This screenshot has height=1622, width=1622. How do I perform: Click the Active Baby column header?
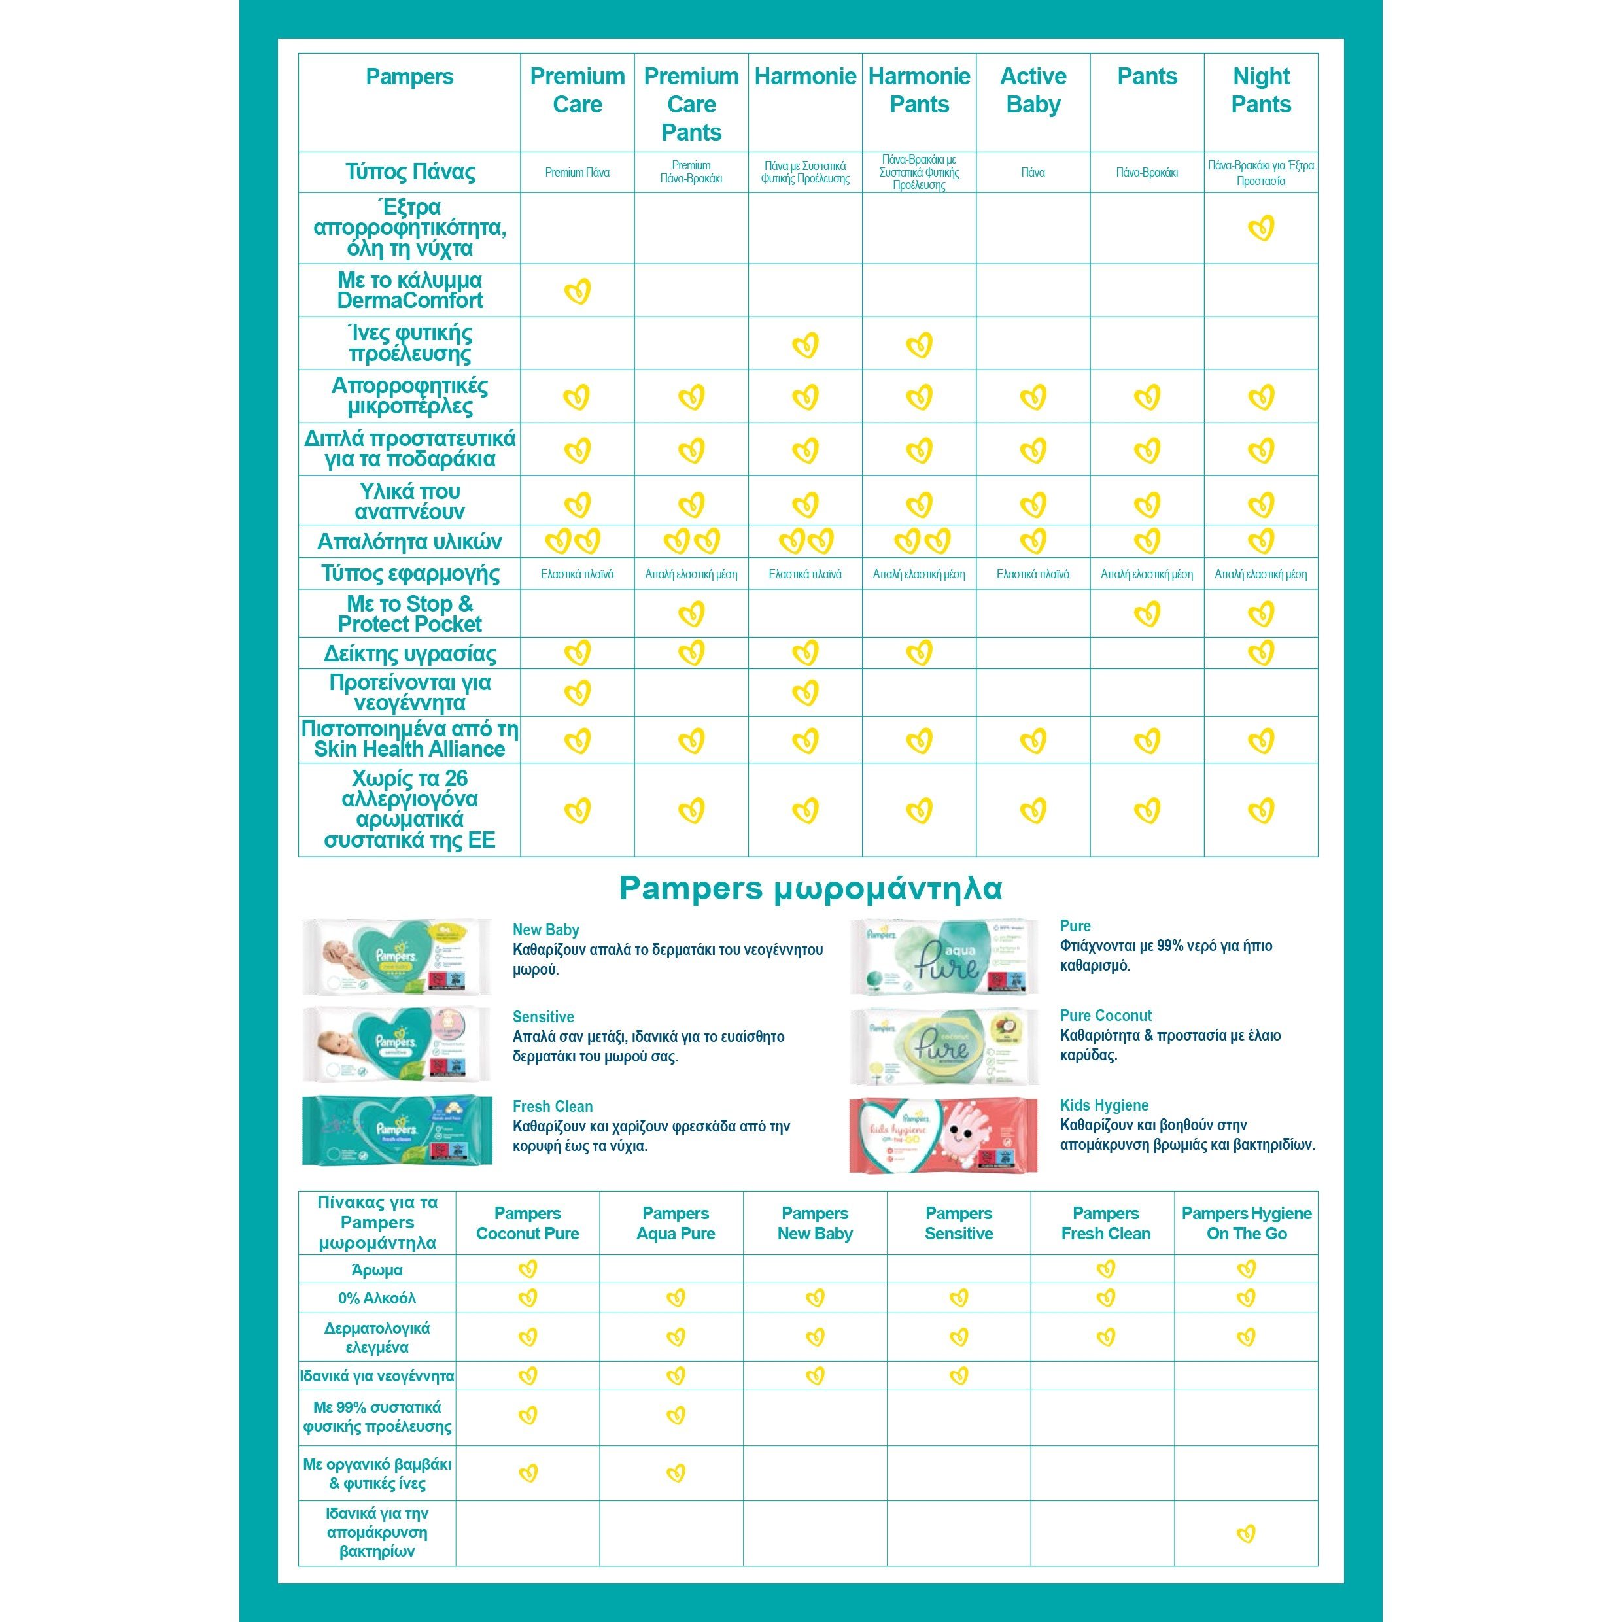pyautogui.click(x=1033, y=91)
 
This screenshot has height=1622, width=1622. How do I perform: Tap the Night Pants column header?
pyautogui.click(x=1260, y=91)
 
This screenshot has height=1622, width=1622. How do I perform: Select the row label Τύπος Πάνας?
pyautogui.click(x=409, y=172)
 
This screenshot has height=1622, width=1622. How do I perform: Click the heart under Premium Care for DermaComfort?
pyautogui.click(x=578, y=291)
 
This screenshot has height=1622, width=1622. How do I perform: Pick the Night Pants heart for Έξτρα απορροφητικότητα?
pyautogui.click(x=1261, y=228)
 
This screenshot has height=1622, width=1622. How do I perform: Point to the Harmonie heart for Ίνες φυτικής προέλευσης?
pyautogui.click(x=805, y=344)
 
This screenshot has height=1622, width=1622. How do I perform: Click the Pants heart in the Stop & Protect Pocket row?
pyautogui.click(x=1147, y=613)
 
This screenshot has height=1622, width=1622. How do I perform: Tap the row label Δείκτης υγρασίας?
pyautogui.click(x=409, y=653)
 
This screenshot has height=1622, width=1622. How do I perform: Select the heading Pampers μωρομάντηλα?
pyautogui.click(x=810, y=888)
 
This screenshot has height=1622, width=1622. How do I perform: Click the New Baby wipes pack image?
pyautogui.click(x=396, y=957)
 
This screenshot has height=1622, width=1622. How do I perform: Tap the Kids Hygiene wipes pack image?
pyautogui.click(x=944, y=1135)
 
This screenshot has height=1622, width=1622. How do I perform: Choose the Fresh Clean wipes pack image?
pyautogui.click(x=396, y=1130)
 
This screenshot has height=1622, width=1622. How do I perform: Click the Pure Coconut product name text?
pyautogui.click(x=1106, y=1016)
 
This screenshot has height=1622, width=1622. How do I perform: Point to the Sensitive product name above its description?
pyautogui.click(x=544, y=1016)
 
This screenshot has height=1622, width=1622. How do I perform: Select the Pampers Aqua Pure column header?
pyautogui.click(x=675, y=1223)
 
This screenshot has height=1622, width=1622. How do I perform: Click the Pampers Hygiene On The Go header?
pyautogui.click(x=1246, y=1223)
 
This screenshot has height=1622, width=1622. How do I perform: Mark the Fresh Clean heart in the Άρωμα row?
pyautogui.click(x=1106, y=1269)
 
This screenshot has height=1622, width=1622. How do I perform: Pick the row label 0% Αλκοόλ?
pyautogui.click(x=377, y=1298)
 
